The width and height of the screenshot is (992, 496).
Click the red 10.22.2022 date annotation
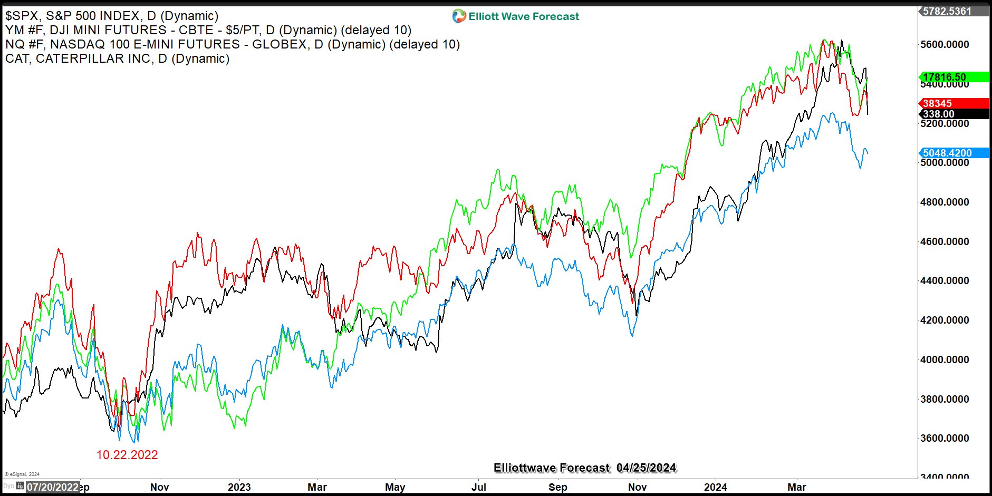click(x=127, y=455)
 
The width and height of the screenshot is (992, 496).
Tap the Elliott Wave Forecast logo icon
click(x=459, y=16)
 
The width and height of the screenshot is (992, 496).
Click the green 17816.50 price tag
click(x=944, y=77)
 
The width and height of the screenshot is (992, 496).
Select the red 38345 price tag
click(x=937, y=103)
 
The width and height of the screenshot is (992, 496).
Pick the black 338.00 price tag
click(x=938, y=114)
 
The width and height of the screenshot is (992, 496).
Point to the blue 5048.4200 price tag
click(x=947, y=153)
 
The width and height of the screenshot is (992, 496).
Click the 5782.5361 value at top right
click(x=947, y=11)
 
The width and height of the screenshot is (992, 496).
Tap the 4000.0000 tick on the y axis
click(x=945, y=359)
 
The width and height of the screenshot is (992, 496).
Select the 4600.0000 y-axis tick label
click(x=945, y=241)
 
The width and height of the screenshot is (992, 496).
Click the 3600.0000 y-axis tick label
click(x=945, y=438)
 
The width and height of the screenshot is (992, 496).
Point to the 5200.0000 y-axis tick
click(x=945, y=123)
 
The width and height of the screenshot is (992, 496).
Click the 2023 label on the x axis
click(x=239, y=487)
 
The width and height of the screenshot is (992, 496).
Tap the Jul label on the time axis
click(x=478, y=487)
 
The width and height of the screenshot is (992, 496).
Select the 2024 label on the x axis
click(x=715, y=487)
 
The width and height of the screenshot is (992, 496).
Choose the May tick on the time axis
click(x=395, y=487)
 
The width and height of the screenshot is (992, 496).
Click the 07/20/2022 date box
click(x=53, y=487)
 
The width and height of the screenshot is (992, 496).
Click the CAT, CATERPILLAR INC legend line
click(x=117, y=59)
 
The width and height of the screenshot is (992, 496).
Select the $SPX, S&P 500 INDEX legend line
click(x=112, y=16)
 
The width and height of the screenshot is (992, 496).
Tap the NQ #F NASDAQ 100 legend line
click(x=232, y=44)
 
